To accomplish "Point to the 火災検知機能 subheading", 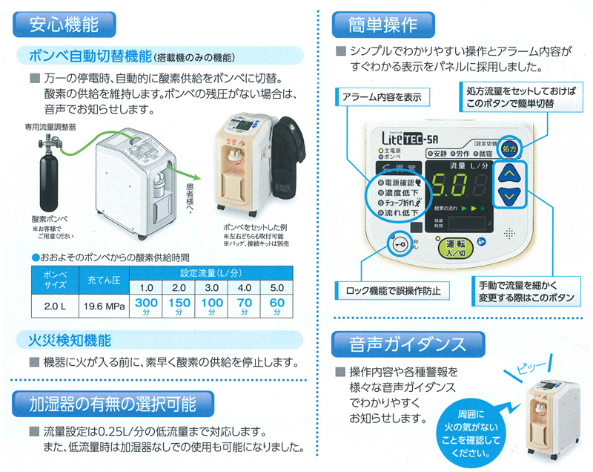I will [70, 341].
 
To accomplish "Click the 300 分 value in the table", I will [147, 306].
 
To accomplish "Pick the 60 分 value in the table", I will [277, 306].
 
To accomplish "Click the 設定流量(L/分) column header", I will [212, 272].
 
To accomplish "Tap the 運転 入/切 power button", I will [451, 247].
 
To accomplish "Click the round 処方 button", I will [509, 148].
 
